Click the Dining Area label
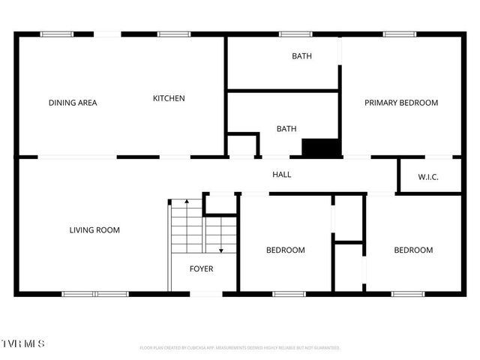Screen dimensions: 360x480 (x=73, y=103)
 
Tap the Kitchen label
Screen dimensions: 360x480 (x=169, y=98)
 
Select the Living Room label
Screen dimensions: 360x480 (x=94, y=230)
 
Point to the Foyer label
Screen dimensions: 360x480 (x=201, y=268)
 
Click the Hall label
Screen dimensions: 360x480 (x=281, y=175)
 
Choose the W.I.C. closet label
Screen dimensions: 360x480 (x=428, y=177)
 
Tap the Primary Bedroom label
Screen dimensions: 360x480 (x=401, y=103)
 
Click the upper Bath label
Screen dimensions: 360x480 (x=302, y=56)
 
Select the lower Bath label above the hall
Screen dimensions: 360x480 (x=286, y=129)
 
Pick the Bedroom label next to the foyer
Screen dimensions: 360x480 (x=286, y=250)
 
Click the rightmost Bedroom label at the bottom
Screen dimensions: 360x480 (x=413, y=250)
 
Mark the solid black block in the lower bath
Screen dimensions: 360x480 (x=321, y=148)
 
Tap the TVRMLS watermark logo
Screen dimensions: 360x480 (x=23, y=343)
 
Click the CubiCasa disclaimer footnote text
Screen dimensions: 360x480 (x=240, y=348)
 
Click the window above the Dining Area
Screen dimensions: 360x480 (x=56, y=34)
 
